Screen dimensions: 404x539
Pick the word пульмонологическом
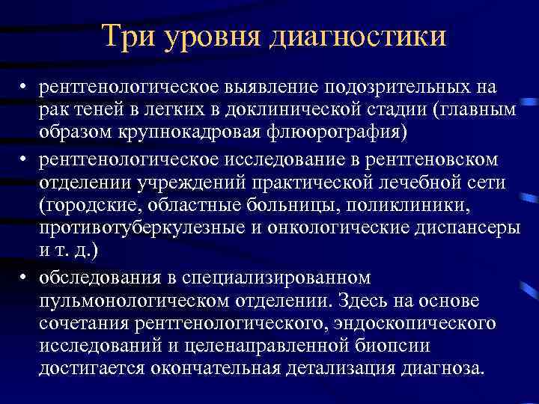click(x=140, y=300)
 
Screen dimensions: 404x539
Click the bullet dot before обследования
click(x=25, y=278)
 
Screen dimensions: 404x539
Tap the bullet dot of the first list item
click(x=25, y=88)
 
